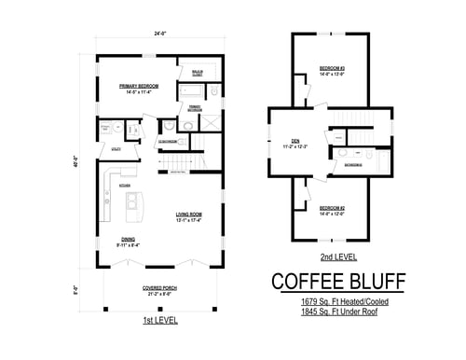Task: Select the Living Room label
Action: pyautogui.click(x=189, y=215)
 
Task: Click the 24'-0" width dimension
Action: pyautogui.click(x=159, y=35)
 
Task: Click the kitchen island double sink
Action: pyautogui.click(x=133, y=200)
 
